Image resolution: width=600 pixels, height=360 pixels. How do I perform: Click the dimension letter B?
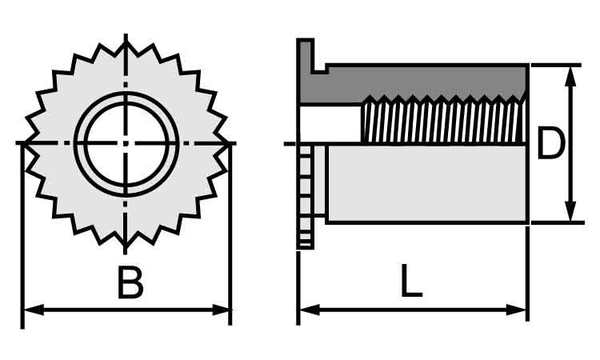point(130,282)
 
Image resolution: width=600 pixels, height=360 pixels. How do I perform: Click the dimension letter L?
point(411,281)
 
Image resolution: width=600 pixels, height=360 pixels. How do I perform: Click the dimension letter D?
point(550,142)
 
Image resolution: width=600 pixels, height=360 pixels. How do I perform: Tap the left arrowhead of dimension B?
point(34,310)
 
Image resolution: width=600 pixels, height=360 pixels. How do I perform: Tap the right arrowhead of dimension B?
point(221,310)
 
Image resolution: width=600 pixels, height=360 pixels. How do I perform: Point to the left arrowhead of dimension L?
point(310,310)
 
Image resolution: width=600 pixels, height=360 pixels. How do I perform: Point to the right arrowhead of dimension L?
point(517,310)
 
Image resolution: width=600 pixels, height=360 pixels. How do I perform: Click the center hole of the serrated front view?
point(126,143)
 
